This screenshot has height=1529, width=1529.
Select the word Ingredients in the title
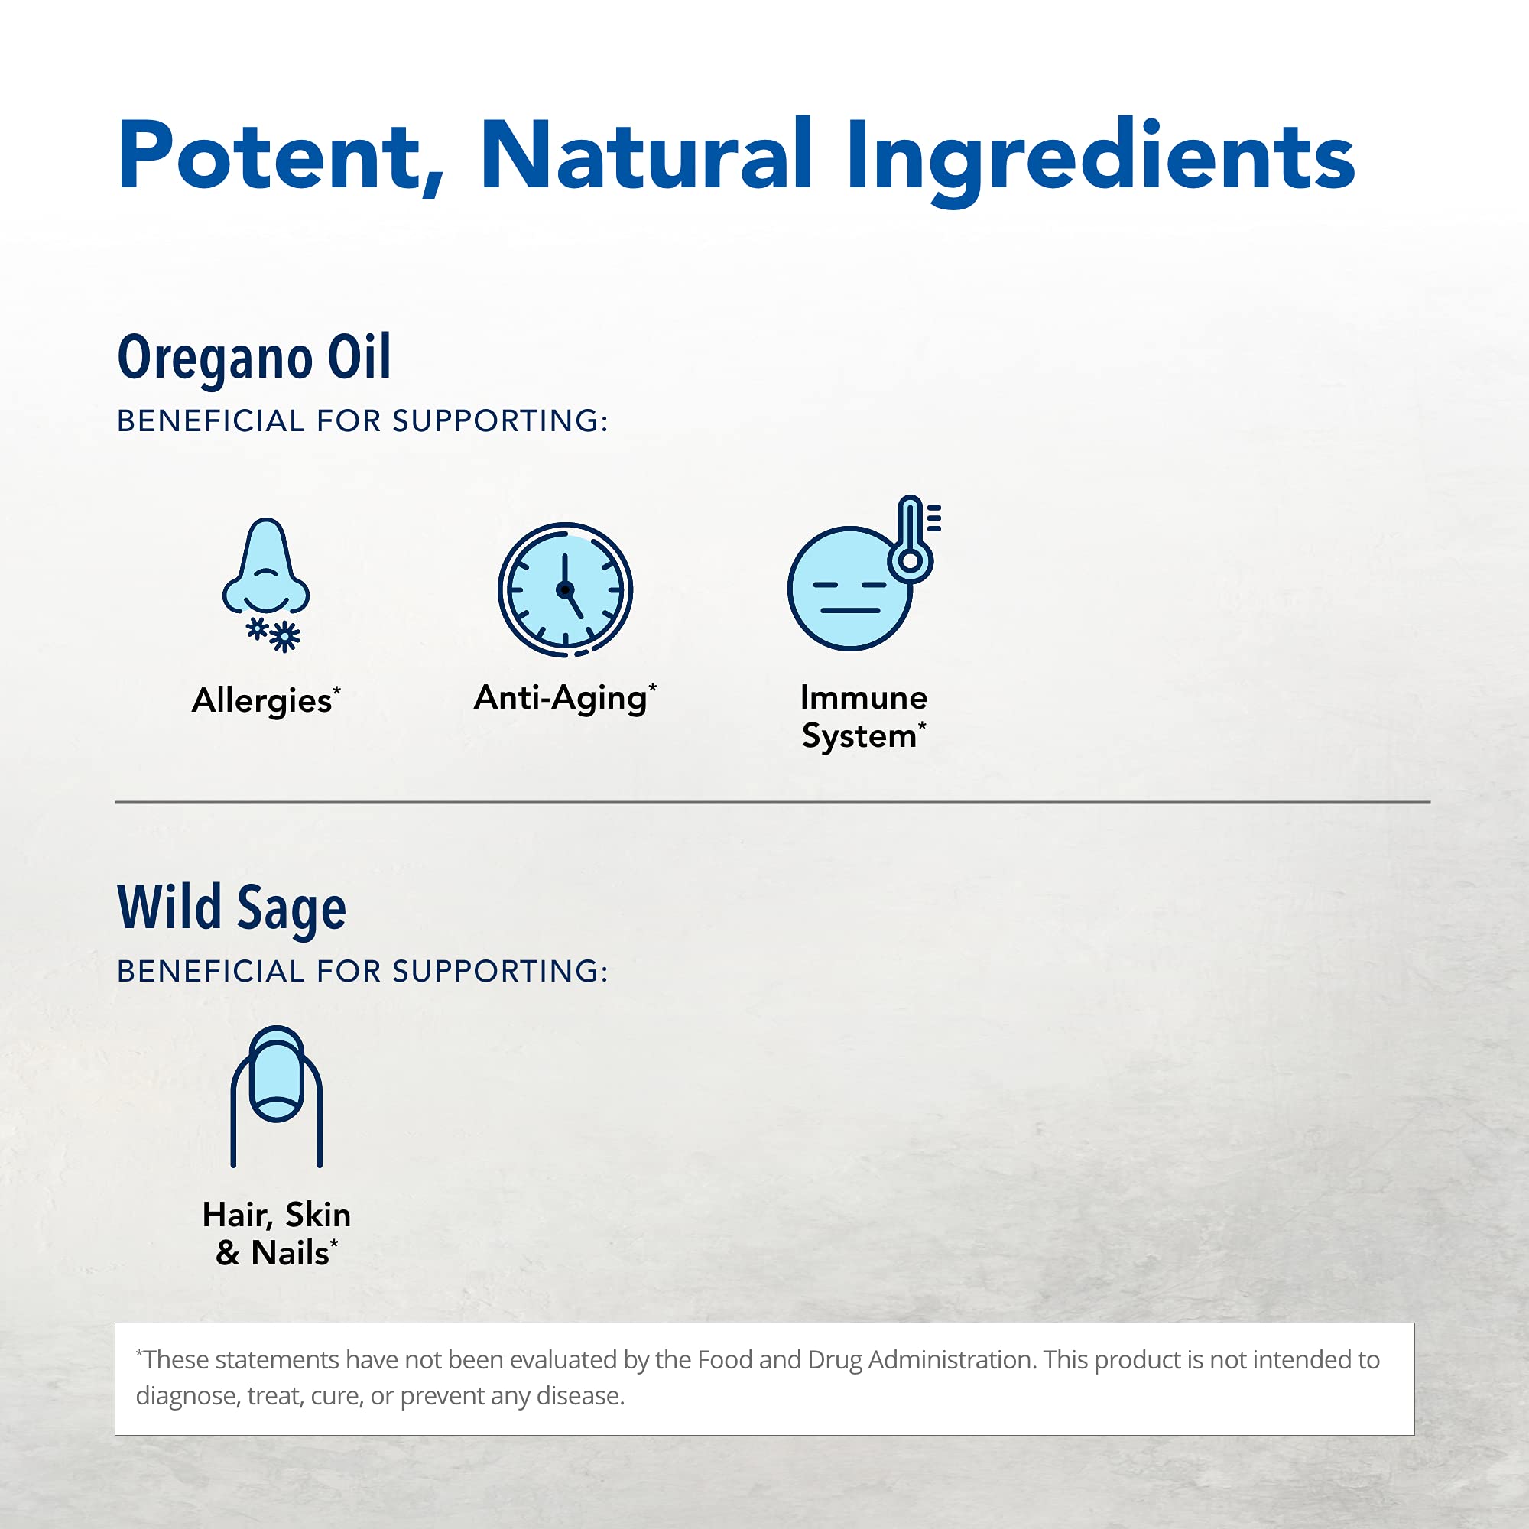[1101, 161]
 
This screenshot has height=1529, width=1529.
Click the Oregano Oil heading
[254, 358]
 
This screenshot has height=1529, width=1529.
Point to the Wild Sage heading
[232, 907]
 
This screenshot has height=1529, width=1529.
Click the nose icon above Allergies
[266, 567]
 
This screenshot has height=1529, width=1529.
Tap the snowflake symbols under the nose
[273, 635]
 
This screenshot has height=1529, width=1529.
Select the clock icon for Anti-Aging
[565, 589]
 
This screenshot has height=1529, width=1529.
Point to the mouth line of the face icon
[850, 610]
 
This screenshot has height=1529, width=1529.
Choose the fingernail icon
[276, 1097]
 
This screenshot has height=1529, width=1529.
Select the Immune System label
[863, 717]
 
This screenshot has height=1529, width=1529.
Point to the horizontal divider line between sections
[772, 802]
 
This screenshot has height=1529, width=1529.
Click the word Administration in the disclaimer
[952, 1359]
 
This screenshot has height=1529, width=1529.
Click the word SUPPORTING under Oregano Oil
[500, 421]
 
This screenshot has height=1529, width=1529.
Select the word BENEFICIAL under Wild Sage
[210, 971]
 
